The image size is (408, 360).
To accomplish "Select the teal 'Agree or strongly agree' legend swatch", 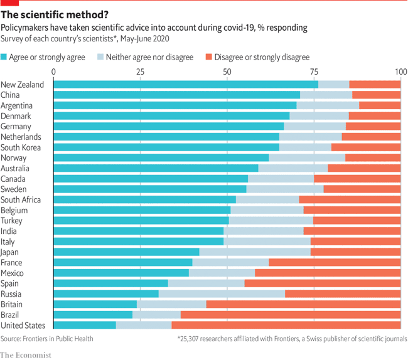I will click(4, 58).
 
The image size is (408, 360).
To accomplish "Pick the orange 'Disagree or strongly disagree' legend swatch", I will click(208, 58).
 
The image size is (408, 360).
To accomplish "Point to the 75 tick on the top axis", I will click(314, 71).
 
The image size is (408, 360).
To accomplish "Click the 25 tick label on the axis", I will click(141, 71).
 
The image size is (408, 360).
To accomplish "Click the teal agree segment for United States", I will click(85, 325).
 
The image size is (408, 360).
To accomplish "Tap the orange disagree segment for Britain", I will click(303, 304).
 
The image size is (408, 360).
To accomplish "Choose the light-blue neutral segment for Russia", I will click(222, 294).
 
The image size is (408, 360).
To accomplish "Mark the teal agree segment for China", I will click(176, 95).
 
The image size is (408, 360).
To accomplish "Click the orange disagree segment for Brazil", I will click(291, 314).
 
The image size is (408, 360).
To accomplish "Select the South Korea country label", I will click(21, 147).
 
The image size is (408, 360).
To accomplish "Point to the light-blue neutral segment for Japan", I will click(254, 251).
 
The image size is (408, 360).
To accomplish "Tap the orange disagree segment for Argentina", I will click(380, 105).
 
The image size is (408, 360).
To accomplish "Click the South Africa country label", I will click(21, 199).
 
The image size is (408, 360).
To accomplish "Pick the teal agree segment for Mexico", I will click(121, 273).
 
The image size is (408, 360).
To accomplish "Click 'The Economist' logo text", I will click(26, 354).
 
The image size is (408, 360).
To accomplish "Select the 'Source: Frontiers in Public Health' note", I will click(47, 339).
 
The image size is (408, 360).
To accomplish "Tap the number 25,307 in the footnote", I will click(191, 339).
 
